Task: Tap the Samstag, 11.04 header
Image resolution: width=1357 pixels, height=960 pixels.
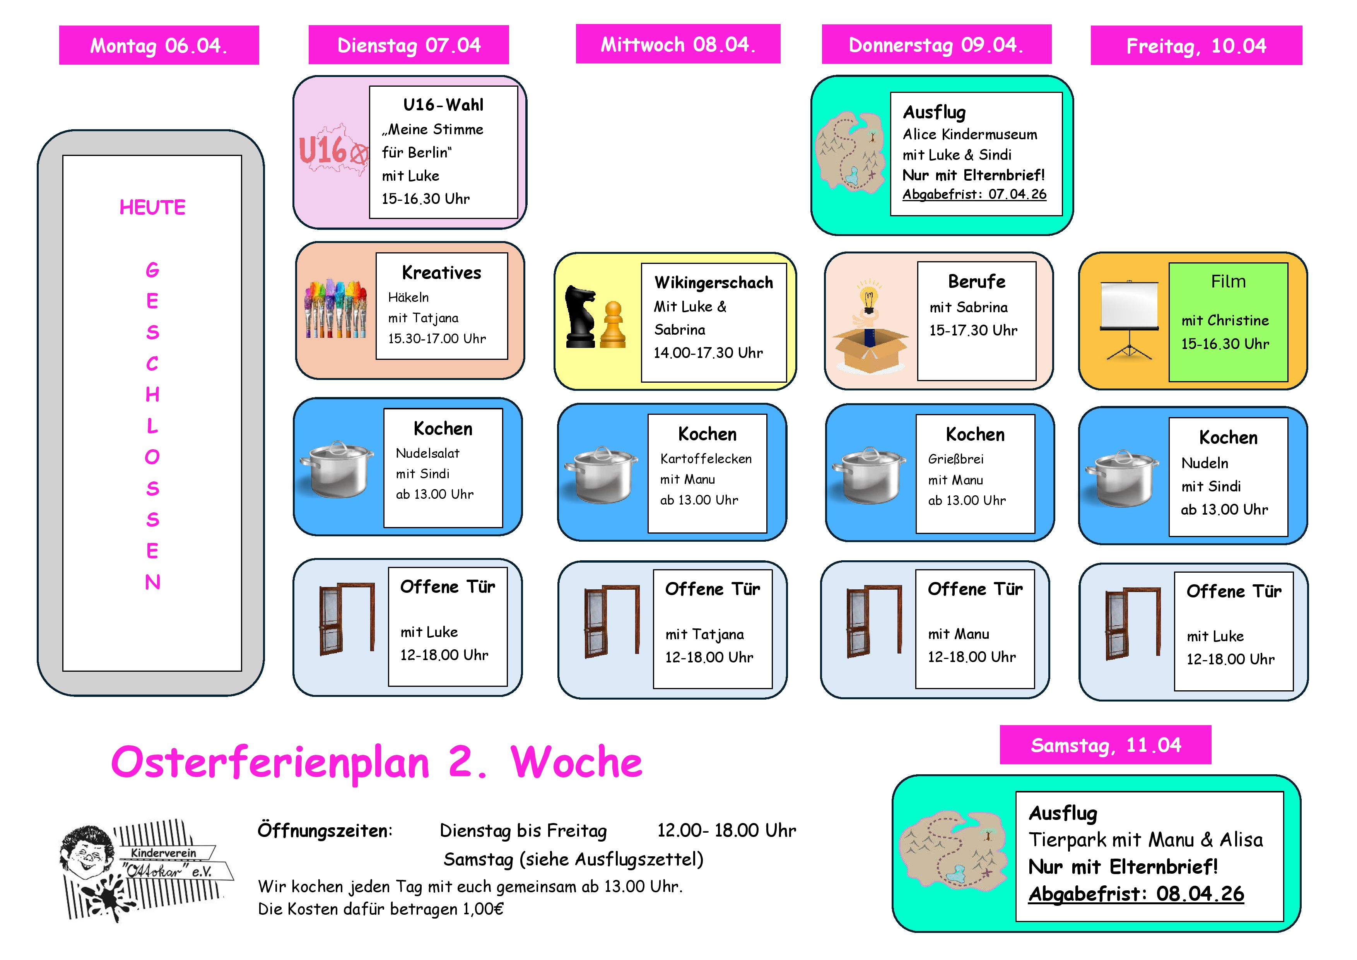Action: pos(1105,745)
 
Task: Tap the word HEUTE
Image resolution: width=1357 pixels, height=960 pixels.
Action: pos(152,207)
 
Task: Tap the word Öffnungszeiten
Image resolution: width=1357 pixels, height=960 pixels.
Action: pos(325,830)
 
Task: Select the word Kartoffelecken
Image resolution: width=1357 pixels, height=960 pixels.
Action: pos(706,459)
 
